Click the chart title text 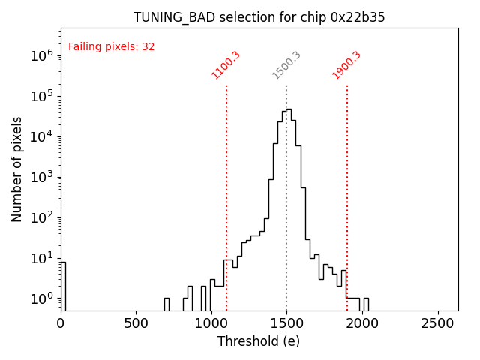[259, 17]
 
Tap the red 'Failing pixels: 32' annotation [111, 46]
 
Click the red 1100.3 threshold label [226, 64]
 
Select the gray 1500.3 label [286, 64]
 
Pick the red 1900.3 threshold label [346, 64]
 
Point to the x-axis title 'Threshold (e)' [259, 341]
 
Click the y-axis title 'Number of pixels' [16, 169]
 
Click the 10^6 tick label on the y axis [40, 55]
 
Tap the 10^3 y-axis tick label [40, 177]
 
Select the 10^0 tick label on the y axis [40, 298]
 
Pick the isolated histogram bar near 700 [166, 304]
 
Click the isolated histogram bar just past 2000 [366, 304]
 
